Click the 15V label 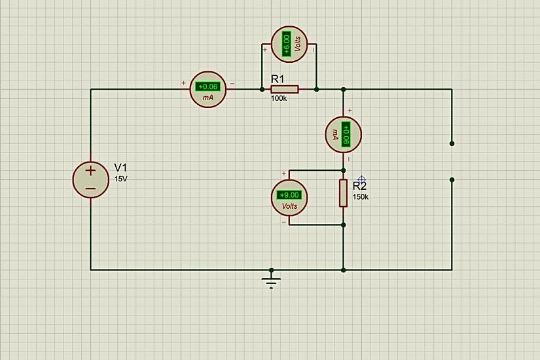(121, 178)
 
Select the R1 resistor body (285, 89)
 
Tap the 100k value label (279, 99)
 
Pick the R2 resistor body (343, 193)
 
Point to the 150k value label (361, 196)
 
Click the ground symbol (271, 281)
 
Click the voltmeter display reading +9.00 (289, 194)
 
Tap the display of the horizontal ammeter (208, 86)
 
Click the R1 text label (278, 79)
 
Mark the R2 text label (359, 186)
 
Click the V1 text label (121, 167)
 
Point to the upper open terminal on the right (452, 143)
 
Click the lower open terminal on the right (452, 179)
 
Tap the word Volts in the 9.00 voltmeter (289, 206)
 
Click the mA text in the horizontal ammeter (208, 97)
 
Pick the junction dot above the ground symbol (271, 269)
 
